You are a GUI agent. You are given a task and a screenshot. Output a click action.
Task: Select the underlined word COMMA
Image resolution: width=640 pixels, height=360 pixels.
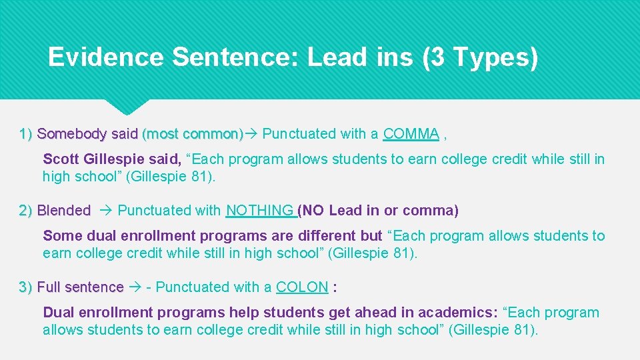411,134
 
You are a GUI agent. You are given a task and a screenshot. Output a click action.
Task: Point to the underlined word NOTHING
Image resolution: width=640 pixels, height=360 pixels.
259,211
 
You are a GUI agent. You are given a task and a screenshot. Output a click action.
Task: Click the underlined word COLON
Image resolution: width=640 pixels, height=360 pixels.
301,287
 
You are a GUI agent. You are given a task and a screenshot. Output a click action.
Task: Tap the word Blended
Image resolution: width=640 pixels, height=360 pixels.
64,211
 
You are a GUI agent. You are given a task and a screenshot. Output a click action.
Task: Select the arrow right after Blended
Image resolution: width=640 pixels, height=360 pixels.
106,211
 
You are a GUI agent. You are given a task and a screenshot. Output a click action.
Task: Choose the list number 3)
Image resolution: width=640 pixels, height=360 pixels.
27,287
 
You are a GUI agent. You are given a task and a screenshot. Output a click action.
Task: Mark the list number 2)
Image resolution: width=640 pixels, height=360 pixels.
27,211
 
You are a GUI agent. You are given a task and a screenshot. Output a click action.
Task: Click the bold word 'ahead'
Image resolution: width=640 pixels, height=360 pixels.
375,313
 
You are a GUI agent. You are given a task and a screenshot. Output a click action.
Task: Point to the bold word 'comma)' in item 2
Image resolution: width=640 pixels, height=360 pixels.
437,211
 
